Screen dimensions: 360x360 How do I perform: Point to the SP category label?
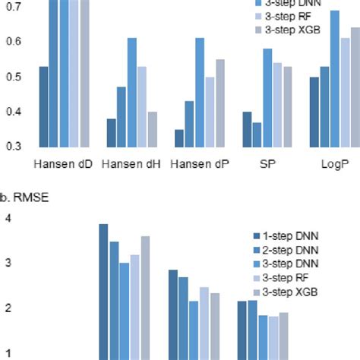coord(267,163)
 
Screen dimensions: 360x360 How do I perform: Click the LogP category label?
coord(335,163)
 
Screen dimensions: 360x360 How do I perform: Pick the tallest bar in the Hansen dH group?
coord(132,92)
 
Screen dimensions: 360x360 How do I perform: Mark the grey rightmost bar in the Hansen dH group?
coord(152,129)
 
